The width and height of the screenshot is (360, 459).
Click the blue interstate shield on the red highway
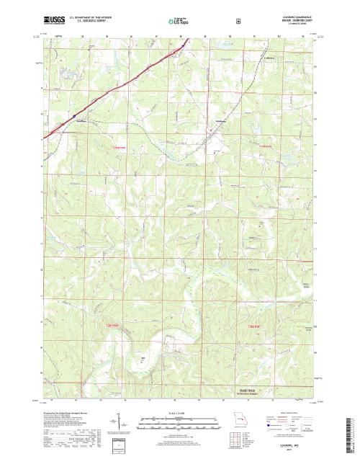tap(72, 113)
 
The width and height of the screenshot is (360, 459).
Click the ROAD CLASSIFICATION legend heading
tap(292, 412)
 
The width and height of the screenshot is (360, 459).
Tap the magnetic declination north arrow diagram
tap(115, 422)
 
